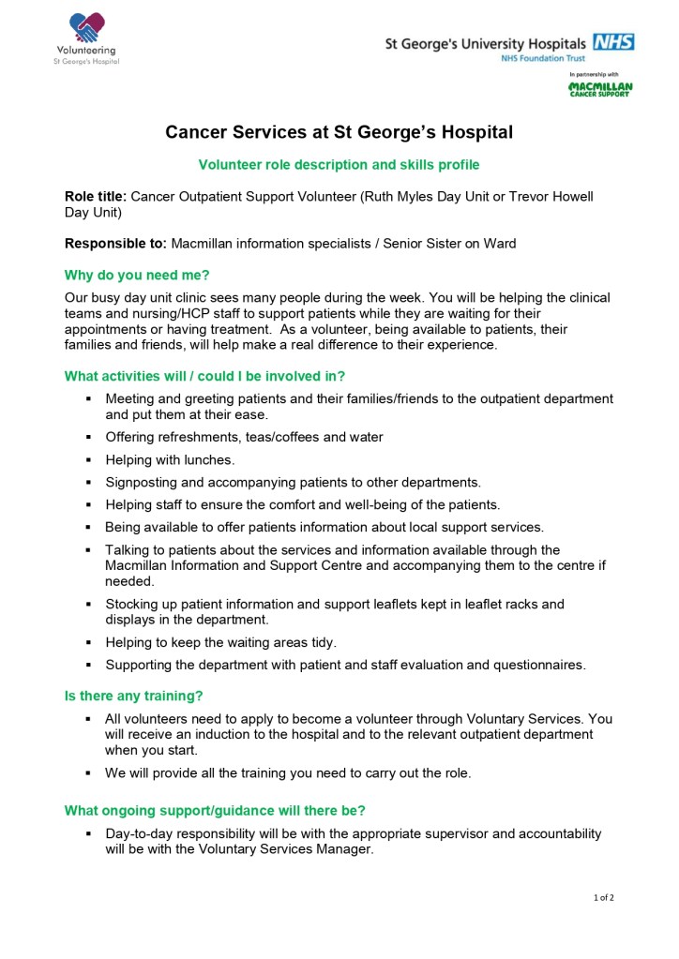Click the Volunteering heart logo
[x=86, y=27]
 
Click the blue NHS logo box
[x=613, y=42]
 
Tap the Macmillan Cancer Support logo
[x=600, y=90]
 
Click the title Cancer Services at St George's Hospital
[x=339, y=132]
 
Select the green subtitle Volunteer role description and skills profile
[x=339, y=165]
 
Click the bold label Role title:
[x=95, y=197]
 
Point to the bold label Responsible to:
[x=115, y=244]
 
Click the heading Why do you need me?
[x=137, y=275]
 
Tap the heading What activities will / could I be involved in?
[x=204, y=376]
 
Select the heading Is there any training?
[x=133, y=696]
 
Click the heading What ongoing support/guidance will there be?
[x=215, y=810]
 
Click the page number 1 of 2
[x=603, y=897]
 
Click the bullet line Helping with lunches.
[x=170, y=459]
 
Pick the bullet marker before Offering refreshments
[x=87, y=438]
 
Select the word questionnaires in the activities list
[x=538, y=665]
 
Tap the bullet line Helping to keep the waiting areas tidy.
[x=220, y=642]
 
